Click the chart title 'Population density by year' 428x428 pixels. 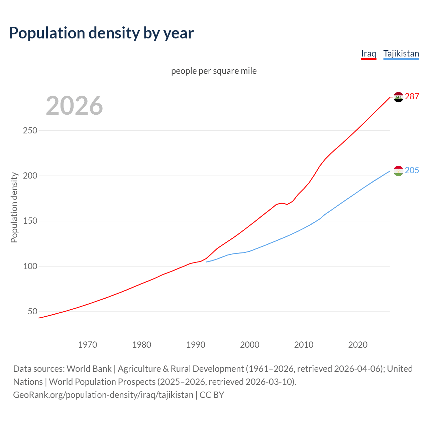coord(101,33)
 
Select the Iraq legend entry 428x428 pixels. coord(368,53)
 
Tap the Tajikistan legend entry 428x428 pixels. coord(401,53)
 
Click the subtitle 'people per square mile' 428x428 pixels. coord(214,71)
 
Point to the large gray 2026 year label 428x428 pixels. coord(74,106)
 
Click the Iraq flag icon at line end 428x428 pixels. coord(398,97)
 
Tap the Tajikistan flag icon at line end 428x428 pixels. coord(398,171)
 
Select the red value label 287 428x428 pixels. coord(412,96)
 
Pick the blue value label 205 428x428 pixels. coord(412,170)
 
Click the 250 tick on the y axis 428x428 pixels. coord(30,130)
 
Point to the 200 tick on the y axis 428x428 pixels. coord(30,176)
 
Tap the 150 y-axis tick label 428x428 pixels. coord(30,221)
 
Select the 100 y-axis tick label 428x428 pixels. coord(30,266)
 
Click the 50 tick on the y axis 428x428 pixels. coord(32,312)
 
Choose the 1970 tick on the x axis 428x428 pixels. coord(88,344)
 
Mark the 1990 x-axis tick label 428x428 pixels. coord(196,344)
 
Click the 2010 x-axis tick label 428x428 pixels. coord(304,344)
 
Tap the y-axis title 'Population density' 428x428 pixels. coord(14,207)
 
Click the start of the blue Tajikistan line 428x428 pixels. coord(207,262)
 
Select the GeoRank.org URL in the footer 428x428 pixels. coord(103,395)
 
